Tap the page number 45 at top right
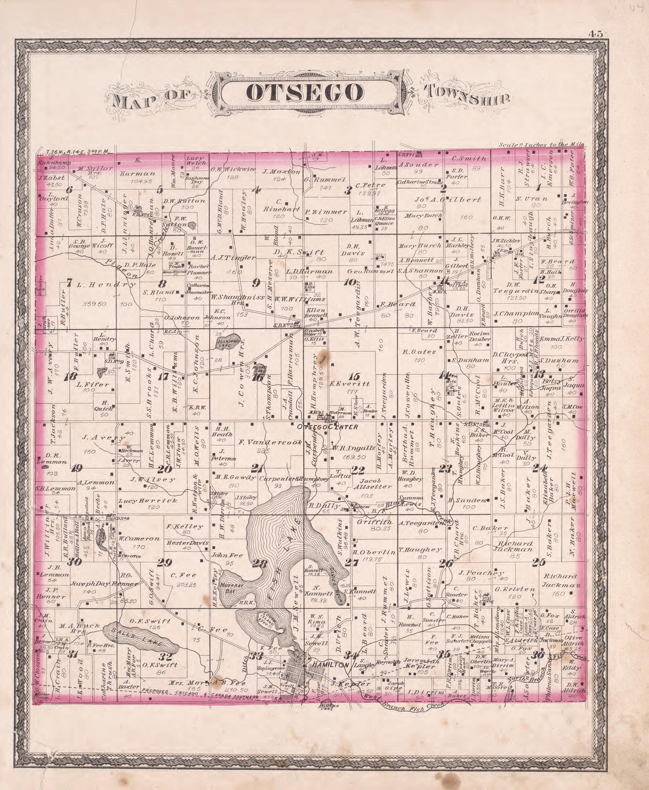pos(596,34)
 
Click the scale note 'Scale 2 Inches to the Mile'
pos(541,145)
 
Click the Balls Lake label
pos(137,637)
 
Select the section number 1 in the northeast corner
pos(539,187)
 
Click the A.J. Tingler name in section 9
pos(233,258)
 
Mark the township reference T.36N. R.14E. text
pos(77,152)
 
